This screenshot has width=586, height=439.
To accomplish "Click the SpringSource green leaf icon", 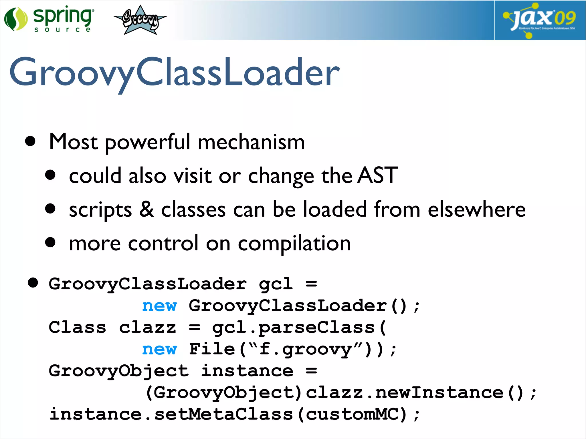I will pyautogui.click(x=16, y=19).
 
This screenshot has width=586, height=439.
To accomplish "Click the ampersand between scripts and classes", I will pyautogui.click(x=146, y=209).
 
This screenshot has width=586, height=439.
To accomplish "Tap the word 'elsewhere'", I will pyautogui.click(x=476, y=209).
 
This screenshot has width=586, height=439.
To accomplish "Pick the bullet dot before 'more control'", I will pyautogui.click(x=50, y=242).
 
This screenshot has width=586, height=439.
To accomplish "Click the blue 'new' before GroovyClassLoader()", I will pyautogui.click(x=159, y=306).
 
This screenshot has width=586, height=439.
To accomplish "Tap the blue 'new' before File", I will pyautogui.click(x=159, y=349).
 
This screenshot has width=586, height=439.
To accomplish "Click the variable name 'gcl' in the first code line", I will pyautogui.click(x=276, y=284).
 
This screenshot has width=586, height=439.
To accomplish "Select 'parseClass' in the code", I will pyautogui.click(x=316, y=328).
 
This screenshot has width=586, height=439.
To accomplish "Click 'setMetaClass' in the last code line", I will pyautogui.click(x=223, y=414).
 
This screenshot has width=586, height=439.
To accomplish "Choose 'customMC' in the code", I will pyautogui.click(x=352, y=414).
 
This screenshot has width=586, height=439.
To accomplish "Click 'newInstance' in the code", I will pyautogui.click(x=439, y=393).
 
